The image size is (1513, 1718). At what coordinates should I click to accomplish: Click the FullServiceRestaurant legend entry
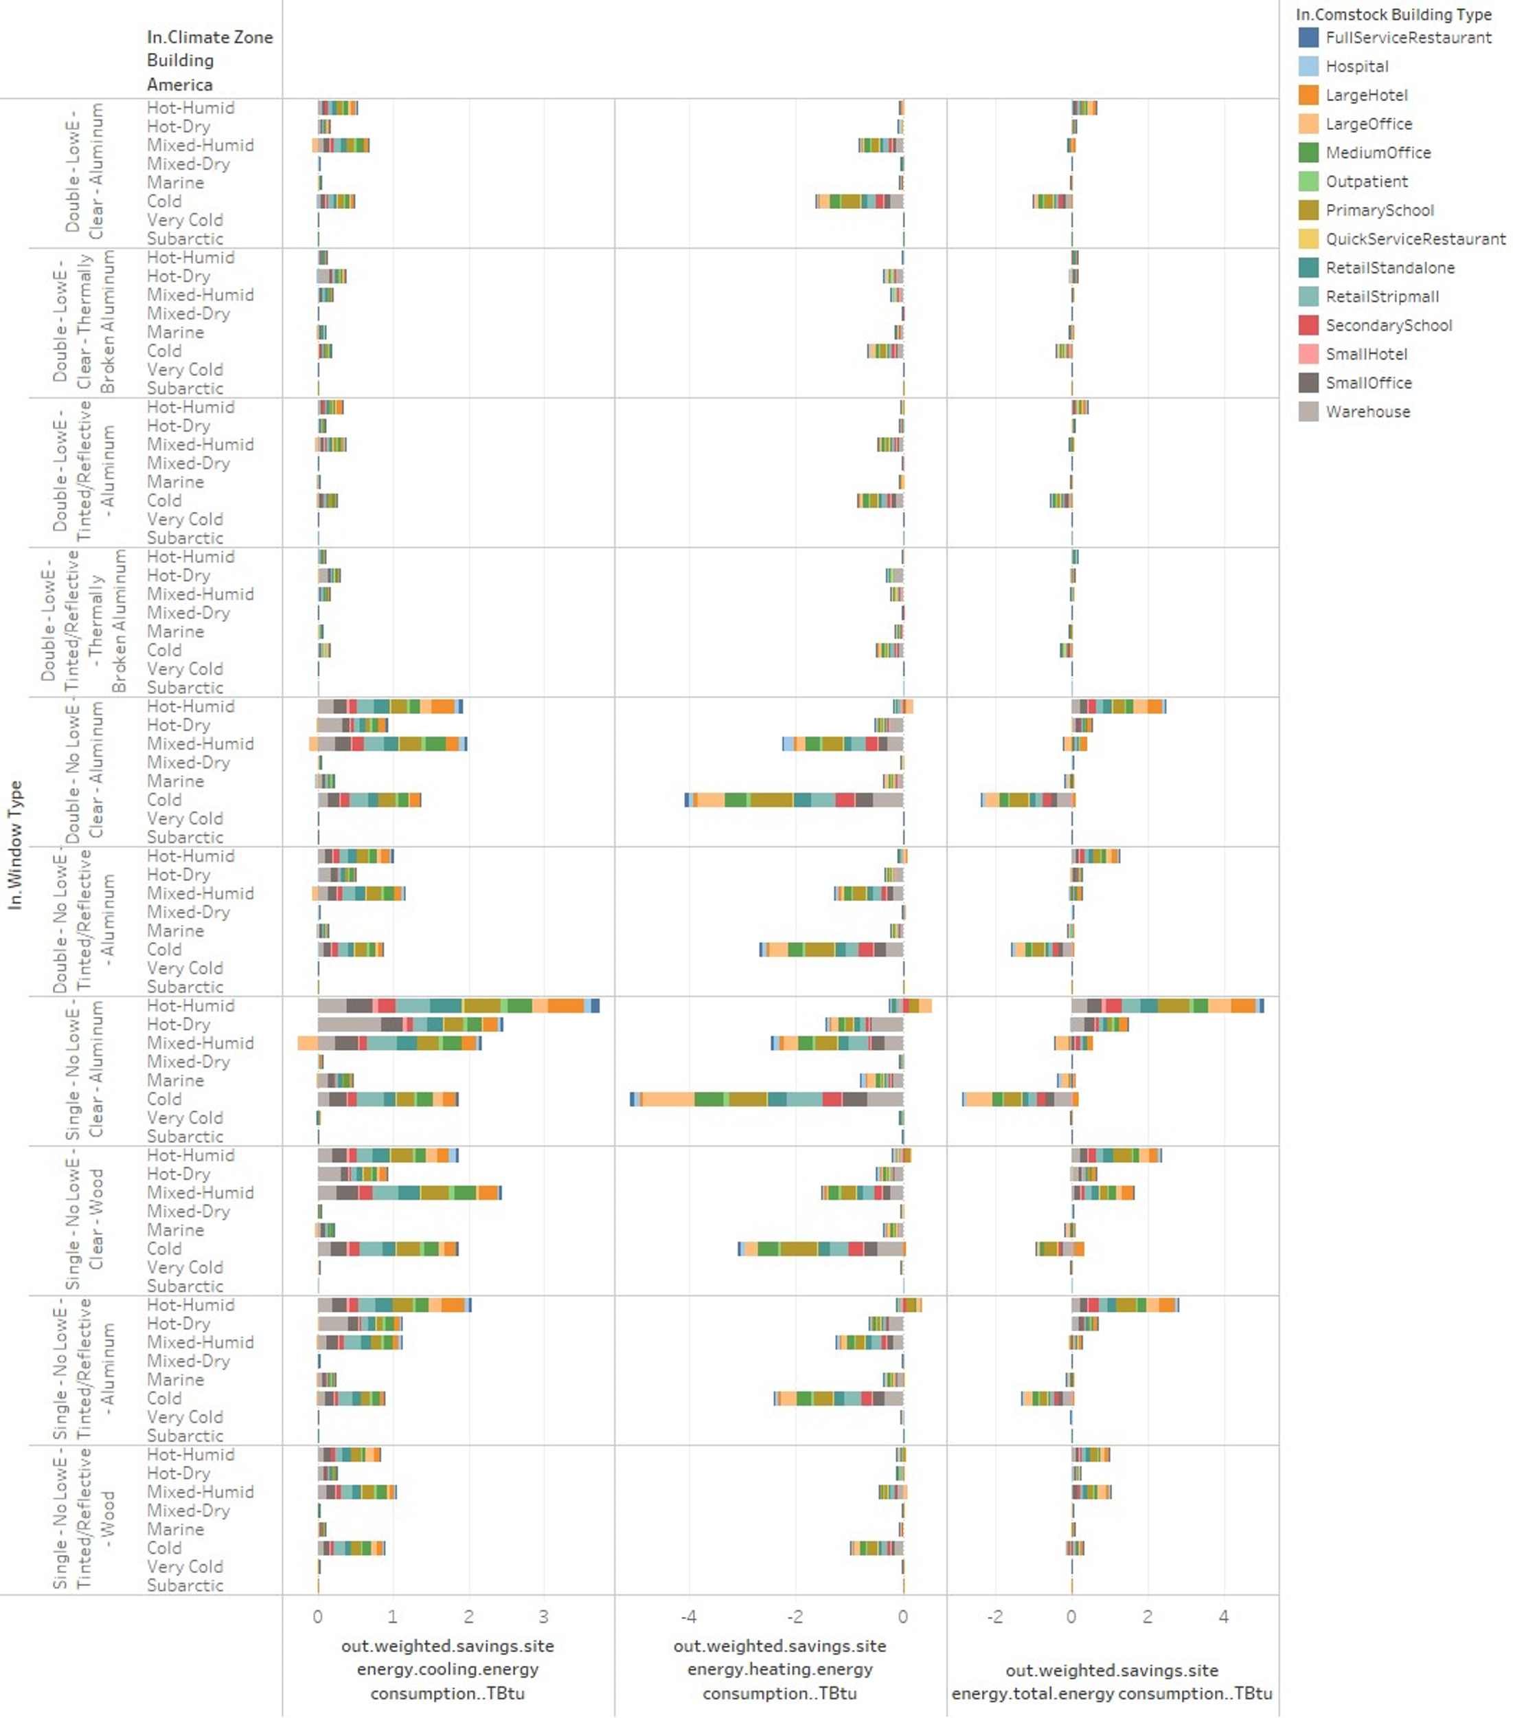tap(1407, 38)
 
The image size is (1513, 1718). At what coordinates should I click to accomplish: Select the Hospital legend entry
tap(1356, 67)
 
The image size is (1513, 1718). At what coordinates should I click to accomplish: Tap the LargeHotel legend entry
tap(1366, 95)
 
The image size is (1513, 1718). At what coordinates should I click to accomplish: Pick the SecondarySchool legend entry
tap(1388, 325)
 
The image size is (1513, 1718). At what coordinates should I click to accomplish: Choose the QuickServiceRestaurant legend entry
tap(1415, 238)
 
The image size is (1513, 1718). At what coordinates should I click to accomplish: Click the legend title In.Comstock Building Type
tap(1393, 14)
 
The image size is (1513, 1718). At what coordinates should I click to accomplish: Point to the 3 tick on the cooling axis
tap(543, 1616)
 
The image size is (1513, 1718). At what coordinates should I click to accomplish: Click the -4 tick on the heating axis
tap(688, 1616)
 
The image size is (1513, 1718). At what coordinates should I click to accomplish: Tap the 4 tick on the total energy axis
tap(1223, 1616)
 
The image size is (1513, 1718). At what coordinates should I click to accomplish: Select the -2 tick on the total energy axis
tap(994, 1616)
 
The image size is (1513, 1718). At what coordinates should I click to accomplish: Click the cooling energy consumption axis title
tap(447, 1669)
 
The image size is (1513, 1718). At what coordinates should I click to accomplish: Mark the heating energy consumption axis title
tap(780, 1669)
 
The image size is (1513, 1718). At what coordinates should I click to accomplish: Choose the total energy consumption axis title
tap(1111, 1681)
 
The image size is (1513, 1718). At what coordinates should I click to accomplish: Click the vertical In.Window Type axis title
tap(15, 845)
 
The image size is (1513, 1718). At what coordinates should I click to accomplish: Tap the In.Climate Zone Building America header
tap(209, 60)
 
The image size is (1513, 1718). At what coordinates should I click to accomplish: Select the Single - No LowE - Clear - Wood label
tap(84, 1220)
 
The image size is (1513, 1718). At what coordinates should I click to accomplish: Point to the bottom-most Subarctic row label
tap(185, 1585)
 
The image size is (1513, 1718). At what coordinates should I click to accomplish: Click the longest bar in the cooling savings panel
tap(458, 1005)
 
